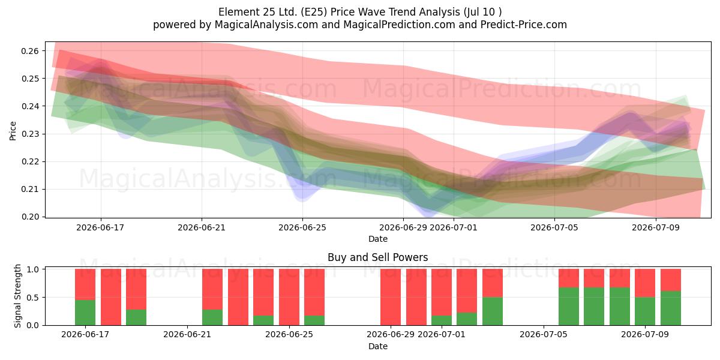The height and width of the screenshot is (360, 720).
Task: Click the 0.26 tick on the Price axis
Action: point(29,51)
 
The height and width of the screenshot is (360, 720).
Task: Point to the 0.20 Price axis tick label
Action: point(29,217)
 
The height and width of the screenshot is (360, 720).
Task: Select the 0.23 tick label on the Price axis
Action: point(29,134)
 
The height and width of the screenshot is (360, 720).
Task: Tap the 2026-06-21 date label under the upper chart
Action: point(202,227)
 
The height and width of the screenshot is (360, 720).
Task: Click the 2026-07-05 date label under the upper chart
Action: point(554,227)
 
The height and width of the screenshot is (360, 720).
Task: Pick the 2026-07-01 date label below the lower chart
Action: point(442,334)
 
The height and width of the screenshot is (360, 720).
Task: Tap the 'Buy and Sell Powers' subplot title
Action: point(377,257)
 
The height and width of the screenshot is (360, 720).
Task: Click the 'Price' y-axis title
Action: point(13,131)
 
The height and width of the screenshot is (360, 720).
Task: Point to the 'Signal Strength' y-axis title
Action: point(17,296)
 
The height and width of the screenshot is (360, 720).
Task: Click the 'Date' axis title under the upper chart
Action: point(377,239)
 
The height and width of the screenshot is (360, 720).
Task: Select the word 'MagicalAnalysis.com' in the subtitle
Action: point(266,25)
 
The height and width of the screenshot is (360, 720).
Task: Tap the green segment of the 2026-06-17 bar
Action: point(85,313)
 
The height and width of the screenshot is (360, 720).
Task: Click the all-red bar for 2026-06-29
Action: point(391,297)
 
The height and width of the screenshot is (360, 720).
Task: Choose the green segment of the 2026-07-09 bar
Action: point(645,311)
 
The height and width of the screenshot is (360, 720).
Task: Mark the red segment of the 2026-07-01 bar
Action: point(442,292)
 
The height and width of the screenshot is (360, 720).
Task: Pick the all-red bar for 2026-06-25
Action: point(289,297)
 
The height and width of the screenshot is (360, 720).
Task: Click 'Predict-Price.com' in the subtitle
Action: point(524,25)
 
